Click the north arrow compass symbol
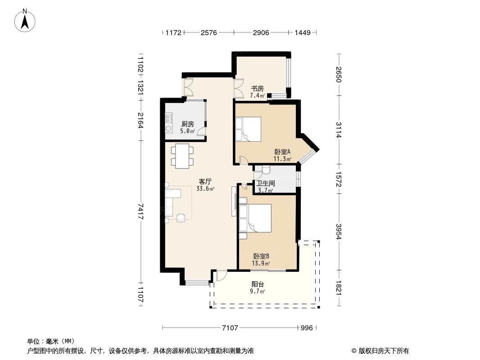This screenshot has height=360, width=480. point(26,20)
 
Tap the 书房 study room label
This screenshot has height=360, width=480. point(257,89)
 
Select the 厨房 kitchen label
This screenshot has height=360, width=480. point(187,124)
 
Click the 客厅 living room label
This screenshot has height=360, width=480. point(205,182)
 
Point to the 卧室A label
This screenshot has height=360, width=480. point(282,152)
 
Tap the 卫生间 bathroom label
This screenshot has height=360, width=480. point(265,184)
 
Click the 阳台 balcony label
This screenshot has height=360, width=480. point(258,284)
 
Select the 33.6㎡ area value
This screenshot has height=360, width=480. point(205,189)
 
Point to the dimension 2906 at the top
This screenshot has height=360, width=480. point(261,33)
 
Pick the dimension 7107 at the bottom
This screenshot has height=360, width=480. point(230,328)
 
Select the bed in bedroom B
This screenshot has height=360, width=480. point(255,218)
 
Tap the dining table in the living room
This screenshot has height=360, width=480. point(182,156)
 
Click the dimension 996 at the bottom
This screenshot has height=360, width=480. point(307,328)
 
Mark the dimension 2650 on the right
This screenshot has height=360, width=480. point(339,74)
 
